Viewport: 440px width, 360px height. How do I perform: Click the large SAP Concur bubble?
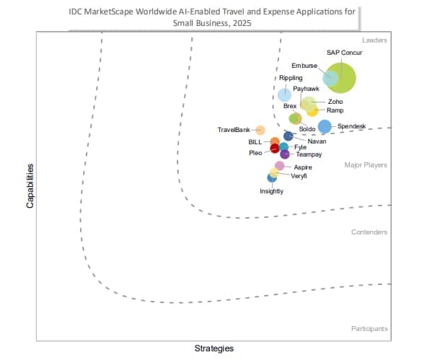340,78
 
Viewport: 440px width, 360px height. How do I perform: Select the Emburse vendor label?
304,66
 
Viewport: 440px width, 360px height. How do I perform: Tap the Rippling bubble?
285,95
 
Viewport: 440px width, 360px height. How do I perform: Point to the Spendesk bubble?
325,126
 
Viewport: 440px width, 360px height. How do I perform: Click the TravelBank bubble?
260,131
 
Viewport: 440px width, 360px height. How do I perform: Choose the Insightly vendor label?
272,191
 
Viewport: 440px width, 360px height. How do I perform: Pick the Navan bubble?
288,136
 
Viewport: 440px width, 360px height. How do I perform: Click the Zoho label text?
335,102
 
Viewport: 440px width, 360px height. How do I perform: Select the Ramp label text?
335,110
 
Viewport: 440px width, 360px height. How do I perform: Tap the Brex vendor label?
290,106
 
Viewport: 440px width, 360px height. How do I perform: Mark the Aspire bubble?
279,166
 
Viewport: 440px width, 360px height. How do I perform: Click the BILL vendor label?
255,141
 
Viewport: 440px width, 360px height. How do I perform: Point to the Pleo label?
256,153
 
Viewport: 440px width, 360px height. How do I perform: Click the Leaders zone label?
374,40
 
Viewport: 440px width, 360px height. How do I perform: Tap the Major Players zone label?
366,165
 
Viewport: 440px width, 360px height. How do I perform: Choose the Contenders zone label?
369,232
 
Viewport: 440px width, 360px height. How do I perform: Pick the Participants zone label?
369,329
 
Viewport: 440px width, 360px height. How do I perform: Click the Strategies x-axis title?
214,348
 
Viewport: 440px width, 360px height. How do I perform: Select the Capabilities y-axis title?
30,185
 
